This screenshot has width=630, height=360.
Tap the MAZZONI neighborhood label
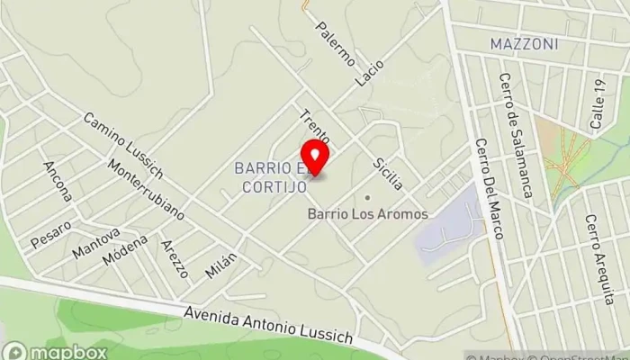point(525,43)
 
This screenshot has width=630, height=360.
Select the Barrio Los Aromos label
point(367,213)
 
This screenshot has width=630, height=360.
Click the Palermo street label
point(335,42)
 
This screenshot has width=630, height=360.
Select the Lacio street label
point(369,73)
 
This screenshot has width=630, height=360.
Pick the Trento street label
point(316,127)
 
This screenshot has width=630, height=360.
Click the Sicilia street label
point(388,173)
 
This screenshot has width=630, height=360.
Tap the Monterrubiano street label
point(145,190)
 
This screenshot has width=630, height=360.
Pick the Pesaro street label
point(50,235)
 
